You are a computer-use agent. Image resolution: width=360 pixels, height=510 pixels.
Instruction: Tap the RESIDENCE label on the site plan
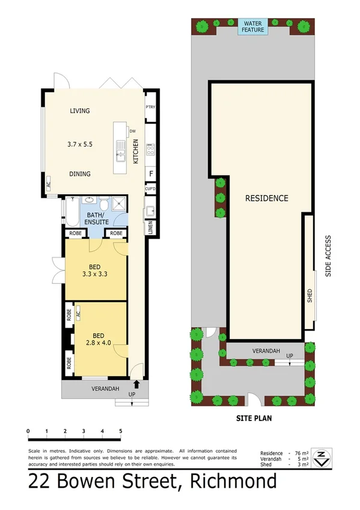pos(267,198)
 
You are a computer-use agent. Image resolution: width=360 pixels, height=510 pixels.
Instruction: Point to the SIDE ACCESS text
pos(328,255)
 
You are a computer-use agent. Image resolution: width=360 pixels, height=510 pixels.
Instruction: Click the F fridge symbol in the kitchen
pos(151,173)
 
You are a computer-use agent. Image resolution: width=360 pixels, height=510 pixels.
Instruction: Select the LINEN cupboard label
pos(150,228)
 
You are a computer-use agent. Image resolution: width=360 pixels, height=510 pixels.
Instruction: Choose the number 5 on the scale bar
pos(121,431)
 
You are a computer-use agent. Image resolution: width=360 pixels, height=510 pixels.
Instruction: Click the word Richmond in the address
pos(233,482)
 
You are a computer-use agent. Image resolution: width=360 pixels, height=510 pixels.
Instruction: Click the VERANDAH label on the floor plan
pos(105,389)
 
